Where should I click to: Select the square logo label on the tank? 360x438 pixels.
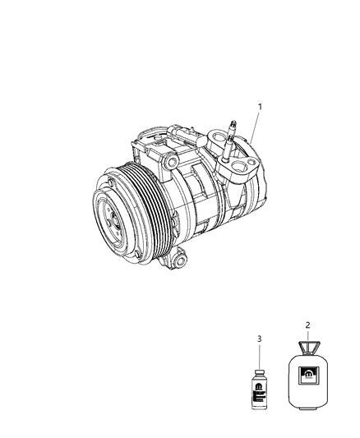tap(307, 377)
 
